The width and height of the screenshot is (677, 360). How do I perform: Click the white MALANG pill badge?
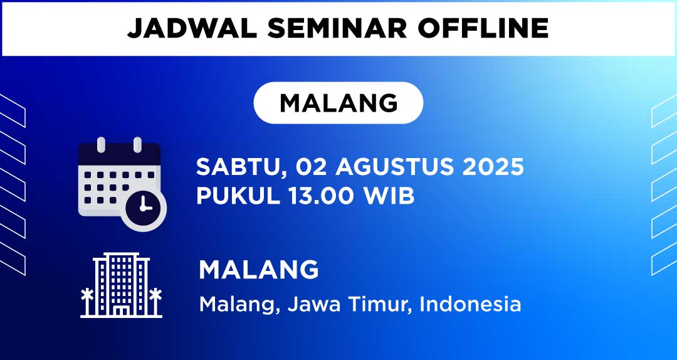pyautogui.click(x=338, y=103)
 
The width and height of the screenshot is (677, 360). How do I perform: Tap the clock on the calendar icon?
pyautogui.click(x=144, y=208)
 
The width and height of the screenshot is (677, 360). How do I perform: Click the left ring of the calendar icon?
pyautogui.click(x=101, y=145)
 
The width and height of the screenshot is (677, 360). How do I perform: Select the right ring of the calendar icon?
pyautogui.click(x=137, y=145)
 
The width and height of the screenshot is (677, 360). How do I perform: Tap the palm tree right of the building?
pyautogui.click(x=155, y=302)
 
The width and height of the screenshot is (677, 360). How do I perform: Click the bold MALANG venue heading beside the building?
pyautogui.click(x=259, y=270)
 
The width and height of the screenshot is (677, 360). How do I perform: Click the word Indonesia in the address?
pyautogui.click(x=470, y=304)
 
